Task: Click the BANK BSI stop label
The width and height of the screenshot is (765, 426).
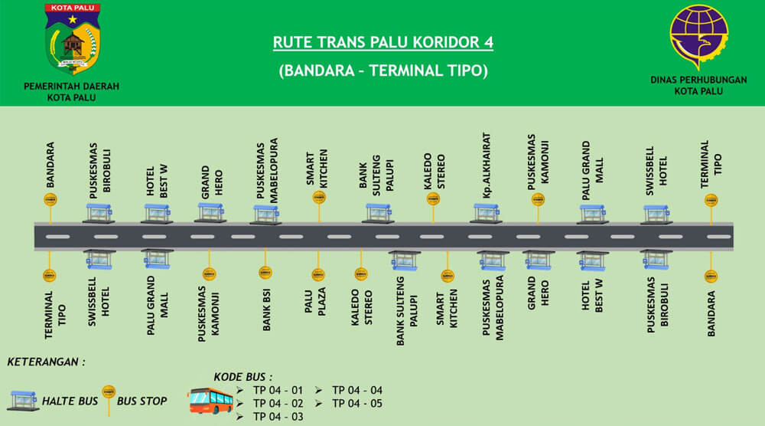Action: point(267,310)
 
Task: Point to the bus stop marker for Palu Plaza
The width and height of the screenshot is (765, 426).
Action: point(317,273)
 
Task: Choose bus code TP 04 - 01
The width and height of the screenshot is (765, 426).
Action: point(278,390)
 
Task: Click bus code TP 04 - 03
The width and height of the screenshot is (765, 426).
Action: point(278,416)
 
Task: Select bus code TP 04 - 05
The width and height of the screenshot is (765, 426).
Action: point(356,403)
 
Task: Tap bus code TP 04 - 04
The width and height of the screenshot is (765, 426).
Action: point(356,390)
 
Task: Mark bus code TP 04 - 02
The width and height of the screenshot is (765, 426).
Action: point(278,403)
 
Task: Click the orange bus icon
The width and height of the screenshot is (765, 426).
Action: point(210,400)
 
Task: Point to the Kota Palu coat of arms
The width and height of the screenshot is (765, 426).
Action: point(72,39)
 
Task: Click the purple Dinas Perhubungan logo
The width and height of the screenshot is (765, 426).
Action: point(699,37)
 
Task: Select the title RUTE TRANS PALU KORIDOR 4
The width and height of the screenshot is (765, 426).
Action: point(382,42)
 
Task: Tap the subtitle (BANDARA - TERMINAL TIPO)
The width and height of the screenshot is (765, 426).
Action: point(382,70)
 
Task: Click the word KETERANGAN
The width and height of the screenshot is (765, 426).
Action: point(46,362)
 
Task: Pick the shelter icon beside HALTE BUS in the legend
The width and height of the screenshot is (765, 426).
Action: point(22,400)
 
